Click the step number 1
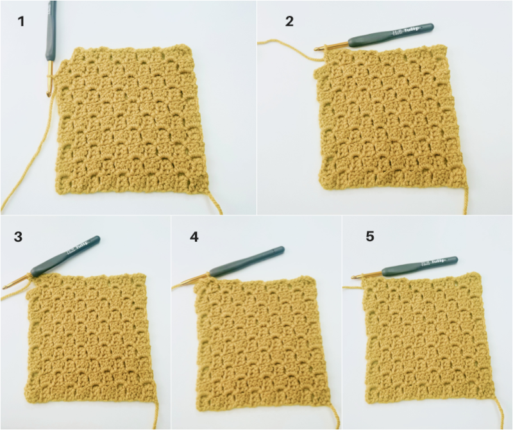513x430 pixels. (x=22, y=21)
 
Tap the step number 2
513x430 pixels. (x=290, y=21)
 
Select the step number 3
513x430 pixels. (x=18, y=236)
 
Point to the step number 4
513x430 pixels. (x=194, y=236)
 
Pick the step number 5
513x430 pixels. (x=370, y=236)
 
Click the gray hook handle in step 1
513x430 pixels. (x=50, y=29)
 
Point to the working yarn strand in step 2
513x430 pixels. (x=282, y=44)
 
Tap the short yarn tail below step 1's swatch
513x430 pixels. (x=213, y=203)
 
